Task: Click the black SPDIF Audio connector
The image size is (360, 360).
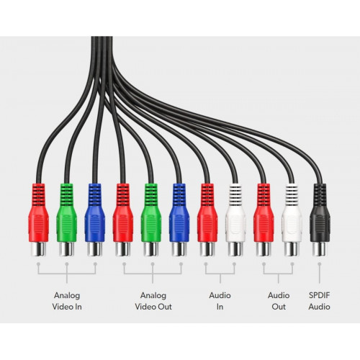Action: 320,220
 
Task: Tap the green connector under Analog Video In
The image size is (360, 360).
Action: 67,220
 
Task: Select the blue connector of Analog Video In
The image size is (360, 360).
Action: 95,220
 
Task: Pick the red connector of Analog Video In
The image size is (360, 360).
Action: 38,220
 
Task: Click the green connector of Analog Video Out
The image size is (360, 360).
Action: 151,220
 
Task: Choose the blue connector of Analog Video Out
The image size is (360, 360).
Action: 179,220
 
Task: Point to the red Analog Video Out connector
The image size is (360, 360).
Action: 123,220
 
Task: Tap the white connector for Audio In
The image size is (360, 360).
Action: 235,220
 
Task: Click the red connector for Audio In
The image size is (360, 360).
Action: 207,220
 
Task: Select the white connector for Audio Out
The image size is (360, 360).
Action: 292,220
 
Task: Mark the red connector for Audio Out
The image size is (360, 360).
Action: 264,220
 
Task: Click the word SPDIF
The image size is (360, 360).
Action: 320,295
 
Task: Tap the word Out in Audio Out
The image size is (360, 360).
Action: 279,307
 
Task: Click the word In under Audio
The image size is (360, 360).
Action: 220,307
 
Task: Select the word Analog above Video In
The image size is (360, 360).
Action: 67,296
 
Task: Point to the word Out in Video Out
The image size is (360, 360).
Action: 165,307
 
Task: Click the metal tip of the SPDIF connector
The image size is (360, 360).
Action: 320,249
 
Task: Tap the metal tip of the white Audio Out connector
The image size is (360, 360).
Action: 292,249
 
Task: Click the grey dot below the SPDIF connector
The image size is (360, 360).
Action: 320,264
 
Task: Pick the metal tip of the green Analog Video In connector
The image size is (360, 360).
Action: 67,249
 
